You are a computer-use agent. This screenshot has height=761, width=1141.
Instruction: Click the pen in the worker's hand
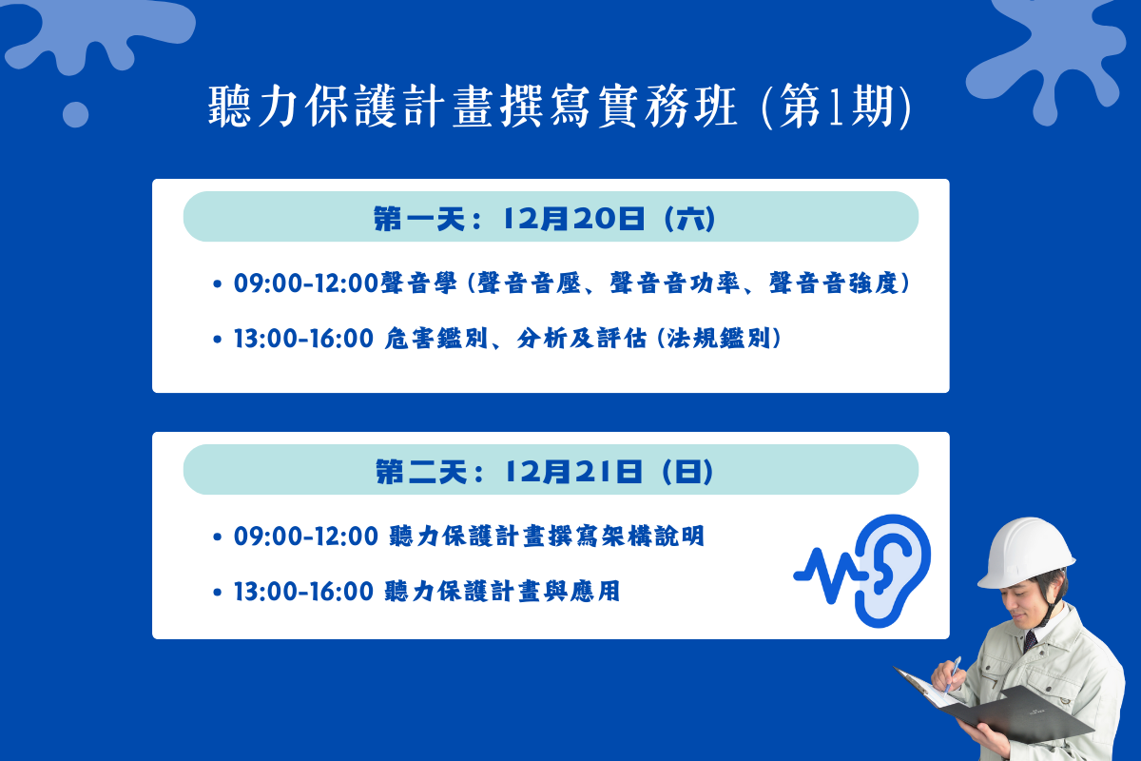click(x=953, y=673)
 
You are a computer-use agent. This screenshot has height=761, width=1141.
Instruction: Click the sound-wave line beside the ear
click(x=829, y=575)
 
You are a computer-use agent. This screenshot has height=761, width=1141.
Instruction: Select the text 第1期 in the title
click(x=837, y=106)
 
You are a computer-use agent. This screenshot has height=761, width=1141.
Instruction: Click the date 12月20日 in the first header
click(x=573, y=219)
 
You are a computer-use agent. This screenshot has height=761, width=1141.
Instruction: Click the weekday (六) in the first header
click(x=690, y=219)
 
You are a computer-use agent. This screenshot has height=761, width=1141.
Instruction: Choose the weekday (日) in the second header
click(x=687, y=472)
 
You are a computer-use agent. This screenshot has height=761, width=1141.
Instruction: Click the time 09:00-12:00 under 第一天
click(x=305, y=283)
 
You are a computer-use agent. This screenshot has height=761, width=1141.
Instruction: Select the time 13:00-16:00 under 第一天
click(x=303, y=339)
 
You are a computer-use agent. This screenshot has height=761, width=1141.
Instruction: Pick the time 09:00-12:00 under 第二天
click(x=305, y=537)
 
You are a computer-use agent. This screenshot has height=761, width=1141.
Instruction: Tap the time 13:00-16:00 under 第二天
click(x=303, y=592)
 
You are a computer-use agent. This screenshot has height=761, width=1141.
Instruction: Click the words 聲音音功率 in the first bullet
click(x=674, y=283)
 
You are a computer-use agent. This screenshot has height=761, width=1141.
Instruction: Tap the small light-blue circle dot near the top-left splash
click(x=75, y=114)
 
